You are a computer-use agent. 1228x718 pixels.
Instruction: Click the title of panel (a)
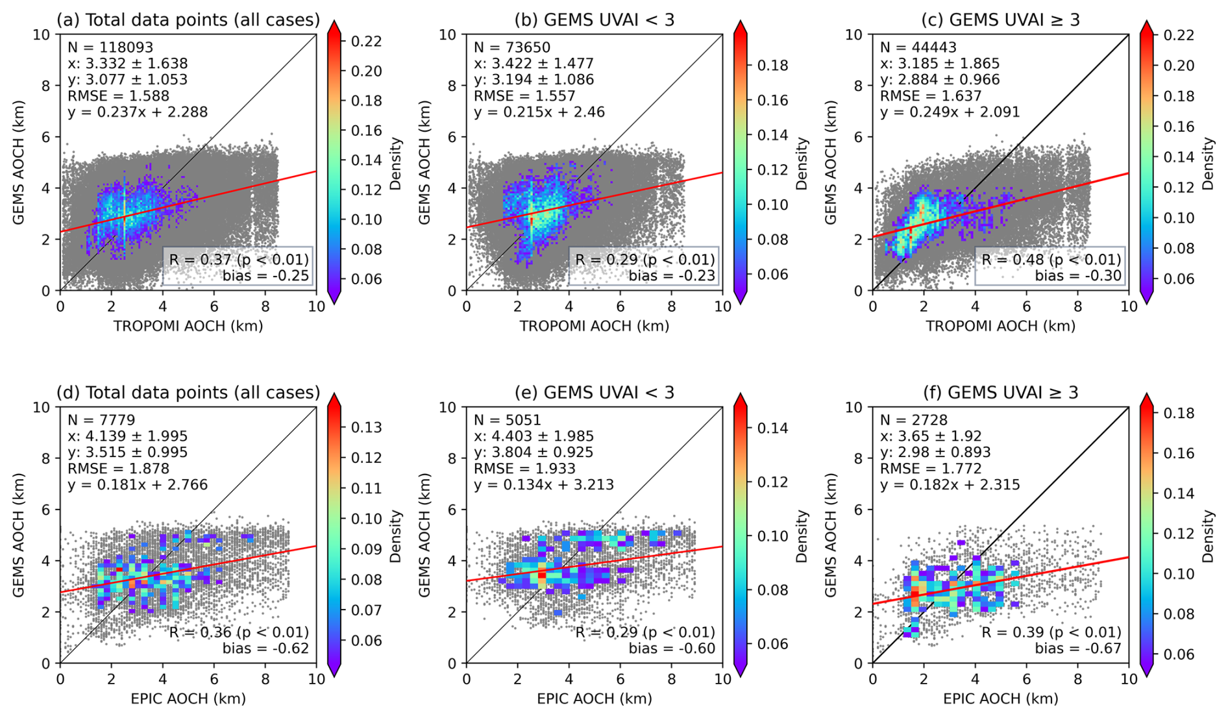[188, 20]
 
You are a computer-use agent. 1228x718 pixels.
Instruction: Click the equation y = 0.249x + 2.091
[950, 112]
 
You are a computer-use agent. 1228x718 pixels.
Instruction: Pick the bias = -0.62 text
[265, 648]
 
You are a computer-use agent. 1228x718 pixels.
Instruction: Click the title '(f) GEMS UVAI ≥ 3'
[1000, 393]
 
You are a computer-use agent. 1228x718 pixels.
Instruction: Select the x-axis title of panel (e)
[594, 699]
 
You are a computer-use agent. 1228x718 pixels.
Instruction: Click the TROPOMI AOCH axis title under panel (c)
[1000, 326]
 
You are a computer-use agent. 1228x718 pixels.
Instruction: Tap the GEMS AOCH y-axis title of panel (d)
[19, 535]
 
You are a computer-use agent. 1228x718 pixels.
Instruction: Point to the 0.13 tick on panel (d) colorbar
[366, 427]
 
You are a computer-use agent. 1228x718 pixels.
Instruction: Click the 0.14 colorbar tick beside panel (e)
[772, 428]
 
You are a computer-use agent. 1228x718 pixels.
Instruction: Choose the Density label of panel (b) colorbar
[802, 163]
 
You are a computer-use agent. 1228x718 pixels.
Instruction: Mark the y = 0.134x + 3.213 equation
[544, 484]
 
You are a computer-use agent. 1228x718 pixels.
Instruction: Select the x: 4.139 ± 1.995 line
[128, 436]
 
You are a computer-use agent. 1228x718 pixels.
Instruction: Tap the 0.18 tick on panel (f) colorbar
[1178, 413]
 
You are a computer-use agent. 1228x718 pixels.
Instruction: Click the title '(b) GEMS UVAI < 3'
[594, 20]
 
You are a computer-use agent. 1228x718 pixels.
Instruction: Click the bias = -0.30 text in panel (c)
[1077, 275]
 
